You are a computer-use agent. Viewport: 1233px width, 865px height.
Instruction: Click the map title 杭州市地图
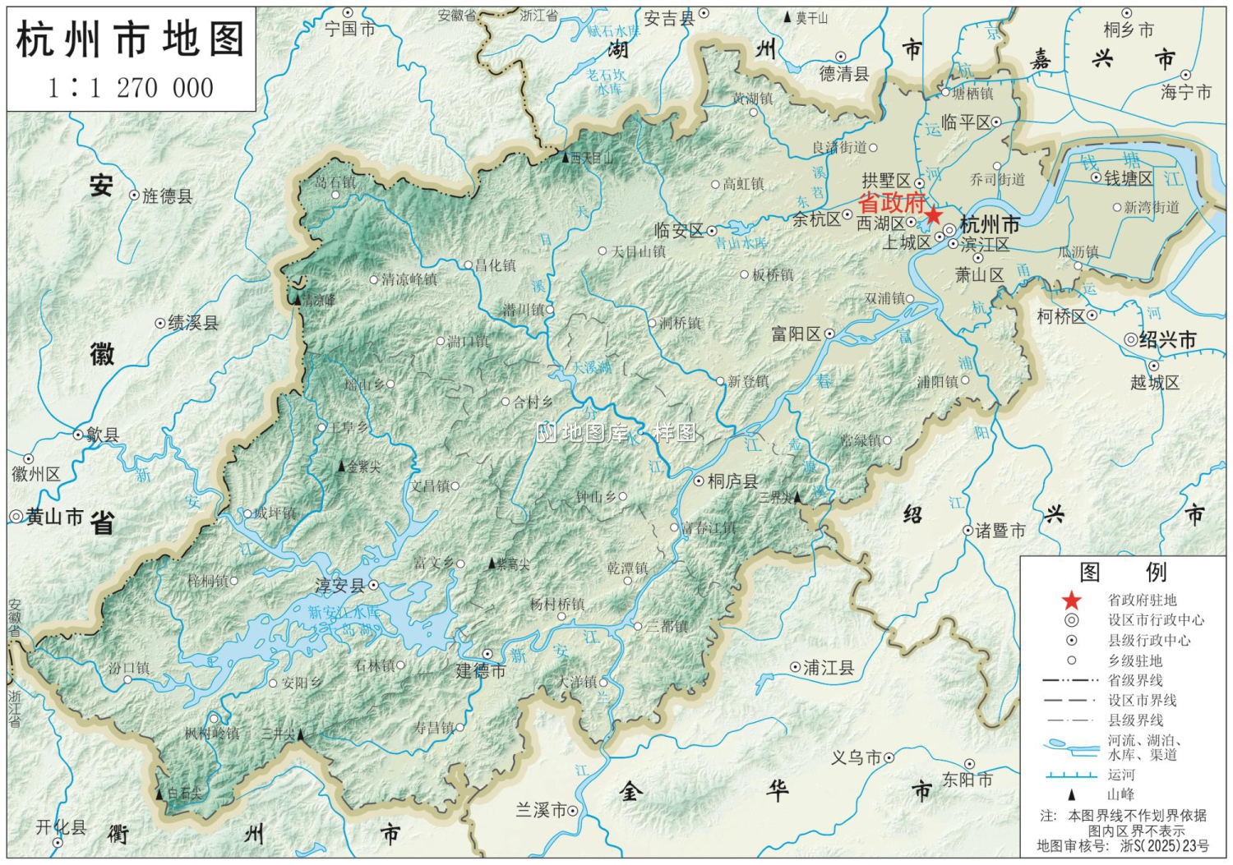coord(131,39)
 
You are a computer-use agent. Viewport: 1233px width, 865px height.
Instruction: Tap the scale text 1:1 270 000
coord(131,88)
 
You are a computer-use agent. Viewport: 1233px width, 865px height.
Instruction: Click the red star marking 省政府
coord(934,216)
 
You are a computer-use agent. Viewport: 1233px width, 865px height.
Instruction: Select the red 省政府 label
coord(891,202)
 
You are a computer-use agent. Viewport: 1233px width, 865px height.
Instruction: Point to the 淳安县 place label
coord(339,587)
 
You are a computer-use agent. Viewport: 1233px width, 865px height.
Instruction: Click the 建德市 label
coord(481,671)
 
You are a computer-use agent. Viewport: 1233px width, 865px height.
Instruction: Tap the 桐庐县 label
coord(732,481)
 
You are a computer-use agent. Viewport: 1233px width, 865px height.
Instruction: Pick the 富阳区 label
coord(796,334)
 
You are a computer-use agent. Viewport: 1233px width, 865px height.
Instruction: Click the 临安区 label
coord(679,231)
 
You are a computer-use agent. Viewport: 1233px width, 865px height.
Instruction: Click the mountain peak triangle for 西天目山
coord(565,156)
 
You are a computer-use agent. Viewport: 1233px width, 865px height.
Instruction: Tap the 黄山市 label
coord(54,517)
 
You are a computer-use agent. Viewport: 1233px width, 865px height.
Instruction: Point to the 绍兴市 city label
coord(1167,339)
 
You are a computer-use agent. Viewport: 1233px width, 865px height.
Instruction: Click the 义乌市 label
coord(856,757)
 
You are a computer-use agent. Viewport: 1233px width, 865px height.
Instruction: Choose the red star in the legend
coord(1071,600)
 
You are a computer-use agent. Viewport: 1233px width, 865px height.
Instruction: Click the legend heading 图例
coord(1122,572)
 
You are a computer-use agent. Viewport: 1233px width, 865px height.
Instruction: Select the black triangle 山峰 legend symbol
coord(1071,794)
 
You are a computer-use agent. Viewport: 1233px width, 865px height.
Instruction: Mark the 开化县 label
coord(61,827)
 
